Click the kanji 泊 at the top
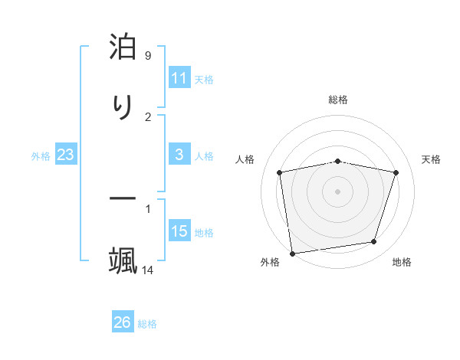tap(123, 47)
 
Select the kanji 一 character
tap(123, 198)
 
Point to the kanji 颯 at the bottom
tap(123, 260)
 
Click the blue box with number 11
tap(179, 78)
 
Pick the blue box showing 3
tap(179, 155)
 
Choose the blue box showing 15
tap(179, 231)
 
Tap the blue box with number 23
tap(66, 155)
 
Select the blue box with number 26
tap(123, 322)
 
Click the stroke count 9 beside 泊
tap(148, 56)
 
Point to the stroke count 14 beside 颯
tap(148, 270)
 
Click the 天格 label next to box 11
tap(204, 79)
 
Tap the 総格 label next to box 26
tap(148, 324)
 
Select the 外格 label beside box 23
tap(41, 156)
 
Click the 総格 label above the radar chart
tap(338, 100)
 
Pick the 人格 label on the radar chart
tap(245, 159)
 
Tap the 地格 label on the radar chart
tap(402, 263)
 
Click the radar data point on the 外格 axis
tap(292, 253)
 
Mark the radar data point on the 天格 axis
tap(396, 172)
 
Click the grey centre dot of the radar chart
tap(338, 191)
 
